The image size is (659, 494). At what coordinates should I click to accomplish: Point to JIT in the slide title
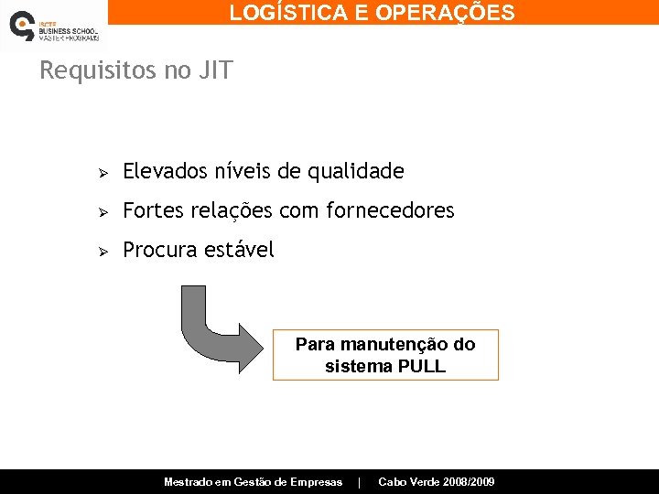pos(214,70)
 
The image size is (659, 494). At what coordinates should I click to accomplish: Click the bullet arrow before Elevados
pos(104,173)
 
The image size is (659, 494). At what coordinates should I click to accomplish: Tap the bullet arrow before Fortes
pos(104,212)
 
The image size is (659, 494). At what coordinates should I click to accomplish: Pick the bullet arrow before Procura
pos(104,252)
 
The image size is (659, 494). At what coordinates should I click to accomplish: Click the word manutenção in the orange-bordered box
pos(394,345)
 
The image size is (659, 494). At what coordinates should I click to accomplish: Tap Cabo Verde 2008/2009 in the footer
pos(437,482)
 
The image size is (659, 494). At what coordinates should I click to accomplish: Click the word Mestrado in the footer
pos(189,482)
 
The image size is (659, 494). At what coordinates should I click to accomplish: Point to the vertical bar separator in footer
pos(360,482)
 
